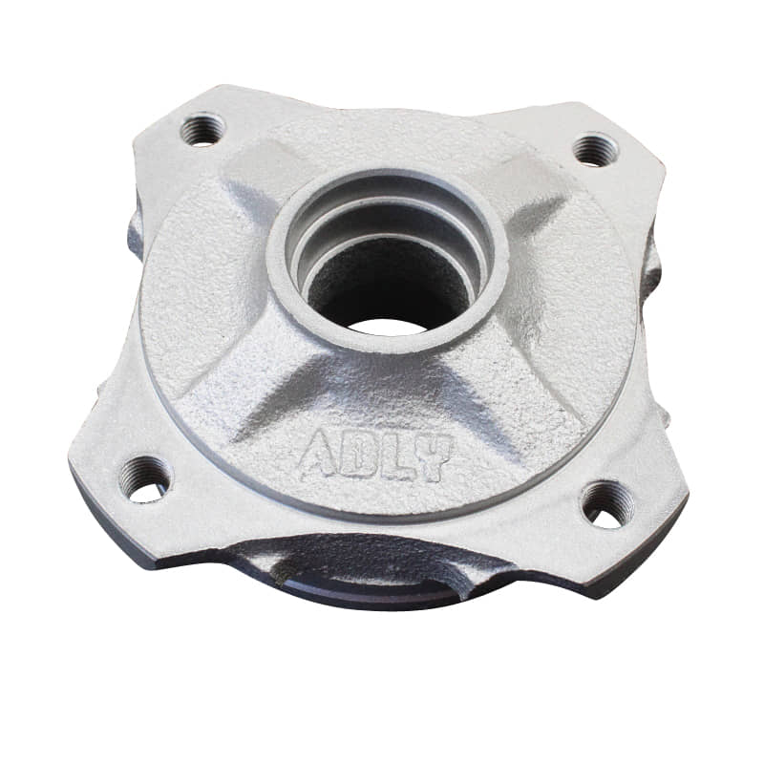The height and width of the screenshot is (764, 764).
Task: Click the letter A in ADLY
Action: (x=318, y=453)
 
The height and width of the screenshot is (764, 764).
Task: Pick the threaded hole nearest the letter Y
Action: (x=606, y=505)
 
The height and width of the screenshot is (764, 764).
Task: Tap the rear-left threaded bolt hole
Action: (x=202, y=129)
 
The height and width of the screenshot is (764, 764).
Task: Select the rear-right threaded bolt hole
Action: (x=594, y=151)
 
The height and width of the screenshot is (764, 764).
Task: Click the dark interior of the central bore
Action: (x=385, y=283)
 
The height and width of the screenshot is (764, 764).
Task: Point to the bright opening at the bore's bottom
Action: (x=388, y=328)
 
